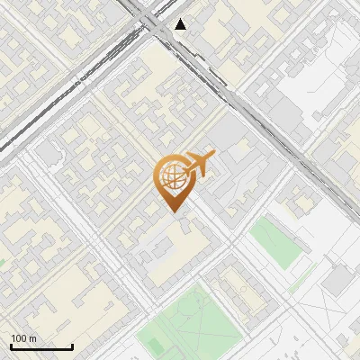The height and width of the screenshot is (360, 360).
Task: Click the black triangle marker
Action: click(x=181, y=24)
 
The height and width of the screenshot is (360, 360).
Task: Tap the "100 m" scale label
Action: click(x=23, y=338)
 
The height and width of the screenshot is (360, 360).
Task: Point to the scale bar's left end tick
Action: click(x=11, y=346)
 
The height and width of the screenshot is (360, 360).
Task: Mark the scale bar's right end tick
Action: click(x=72, y=346)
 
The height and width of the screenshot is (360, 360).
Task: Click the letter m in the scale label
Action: click(x=32, y=338)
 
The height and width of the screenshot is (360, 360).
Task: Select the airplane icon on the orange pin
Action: click(x=198, y=165)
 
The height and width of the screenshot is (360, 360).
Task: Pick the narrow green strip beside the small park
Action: click(x=304, y=274)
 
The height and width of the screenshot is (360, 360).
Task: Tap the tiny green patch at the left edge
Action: click(x=3, y=263)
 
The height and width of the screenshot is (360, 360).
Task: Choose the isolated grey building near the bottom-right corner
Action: click(x=338, y=282)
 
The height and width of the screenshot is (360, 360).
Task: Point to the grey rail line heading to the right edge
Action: click(x=306, y=162)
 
